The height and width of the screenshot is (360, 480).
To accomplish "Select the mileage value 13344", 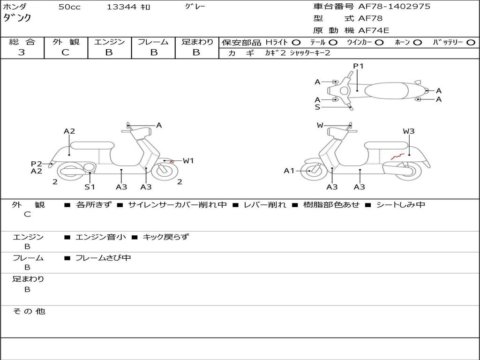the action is point(121,7).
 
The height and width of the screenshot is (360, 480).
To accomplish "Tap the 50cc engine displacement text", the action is point(69,7).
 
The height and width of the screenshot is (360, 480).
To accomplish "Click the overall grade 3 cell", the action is point(22,52).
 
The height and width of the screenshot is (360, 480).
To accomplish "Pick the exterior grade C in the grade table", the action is point(65,52).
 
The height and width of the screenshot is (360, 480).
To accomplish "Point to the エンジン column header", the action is point(109,42).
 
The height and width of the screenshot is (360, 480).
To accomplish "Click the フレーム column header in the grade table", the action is point(153,42).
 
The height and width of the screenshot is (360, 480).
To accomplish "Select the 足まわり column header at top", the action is point(197,42).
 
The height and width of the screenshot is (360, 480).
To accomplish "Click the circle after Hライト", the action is point(296,42).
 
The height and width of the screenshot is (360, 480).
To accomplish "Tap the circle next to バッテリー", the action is point(471,42).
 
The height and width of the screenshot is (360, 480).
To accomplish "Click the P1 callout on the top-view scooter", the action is point(358,66).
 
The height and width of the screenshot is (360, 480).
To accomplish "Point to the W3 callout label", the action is point(409,131).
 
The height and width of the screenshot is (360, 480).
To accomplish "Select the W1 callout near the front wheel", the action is point(188,161).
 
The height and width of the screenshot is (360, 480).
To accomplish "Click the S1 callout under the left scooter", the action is point(90,187).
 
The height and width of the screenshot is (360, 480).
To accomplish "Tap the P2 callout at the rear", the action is point(37,164).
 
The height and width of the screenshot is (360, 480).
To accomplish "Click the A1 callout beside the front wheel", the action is point(289,171).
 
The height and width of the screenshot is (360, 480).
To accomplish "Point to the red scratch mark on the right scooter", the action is point(398,155).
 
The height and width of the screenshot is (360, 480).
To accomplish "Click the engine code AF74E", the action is point(374,30).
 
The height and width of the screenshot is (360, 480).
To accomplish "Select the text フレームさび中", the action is point(103,258).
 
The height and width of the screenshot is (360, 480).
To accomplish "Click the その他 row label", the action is point(29,311).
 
